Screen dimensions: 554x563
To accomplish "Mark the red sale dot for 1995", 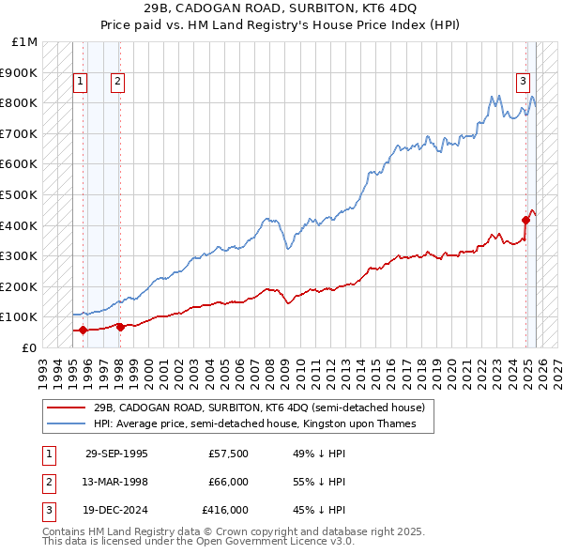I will click(84, 330).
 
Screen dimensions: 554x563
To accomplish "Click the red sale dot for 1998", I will click(120, 327).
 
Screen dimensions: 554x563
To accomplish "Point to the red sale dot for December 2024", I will click(525, 221).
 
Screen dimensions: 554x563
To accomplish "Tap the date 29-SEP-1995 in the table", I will click(116, 454).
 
